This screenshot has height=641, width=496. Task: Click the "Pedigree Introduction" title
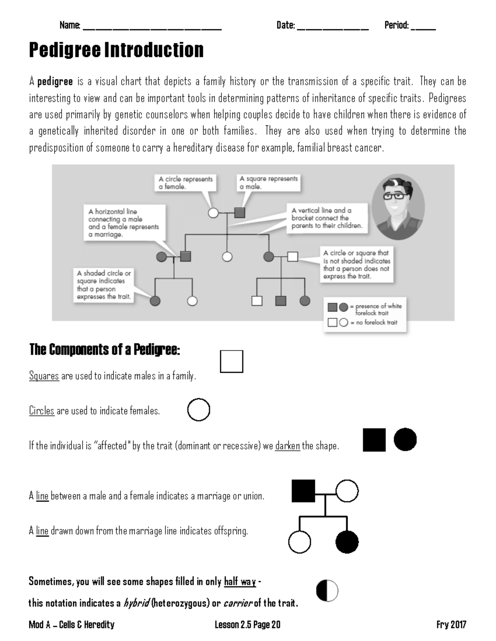point(116,50)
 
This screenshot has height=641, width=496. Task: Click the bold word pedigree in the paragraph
point(55,81)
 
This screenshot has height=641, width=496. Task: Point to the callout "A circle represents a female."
point(186,183)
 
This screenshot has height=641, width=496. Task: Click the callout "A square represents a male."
point(268,182)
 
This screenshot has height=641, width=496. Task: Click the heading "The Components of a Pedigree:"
point(105,350)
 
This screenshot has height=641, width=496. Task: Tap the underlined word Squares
point(44,376)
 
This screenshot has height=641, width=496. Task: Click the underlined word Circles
point(42,411)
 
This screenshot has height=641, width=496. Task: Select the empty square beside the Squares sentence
point(231,362)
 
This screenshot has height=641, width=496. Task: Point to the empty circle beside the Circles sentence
point(198,409)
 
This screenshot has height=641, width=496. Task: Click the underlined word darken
point(288,446)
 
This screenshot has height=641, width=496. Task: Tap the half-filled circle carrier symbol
point(327,591)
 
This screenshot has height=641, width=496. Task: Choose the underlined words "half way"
point(240,582)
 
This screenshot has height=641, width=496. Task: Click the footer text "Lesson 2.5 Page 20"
point(247,625)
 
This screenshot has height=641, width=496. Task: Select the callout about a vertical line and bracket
point(327,218)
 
